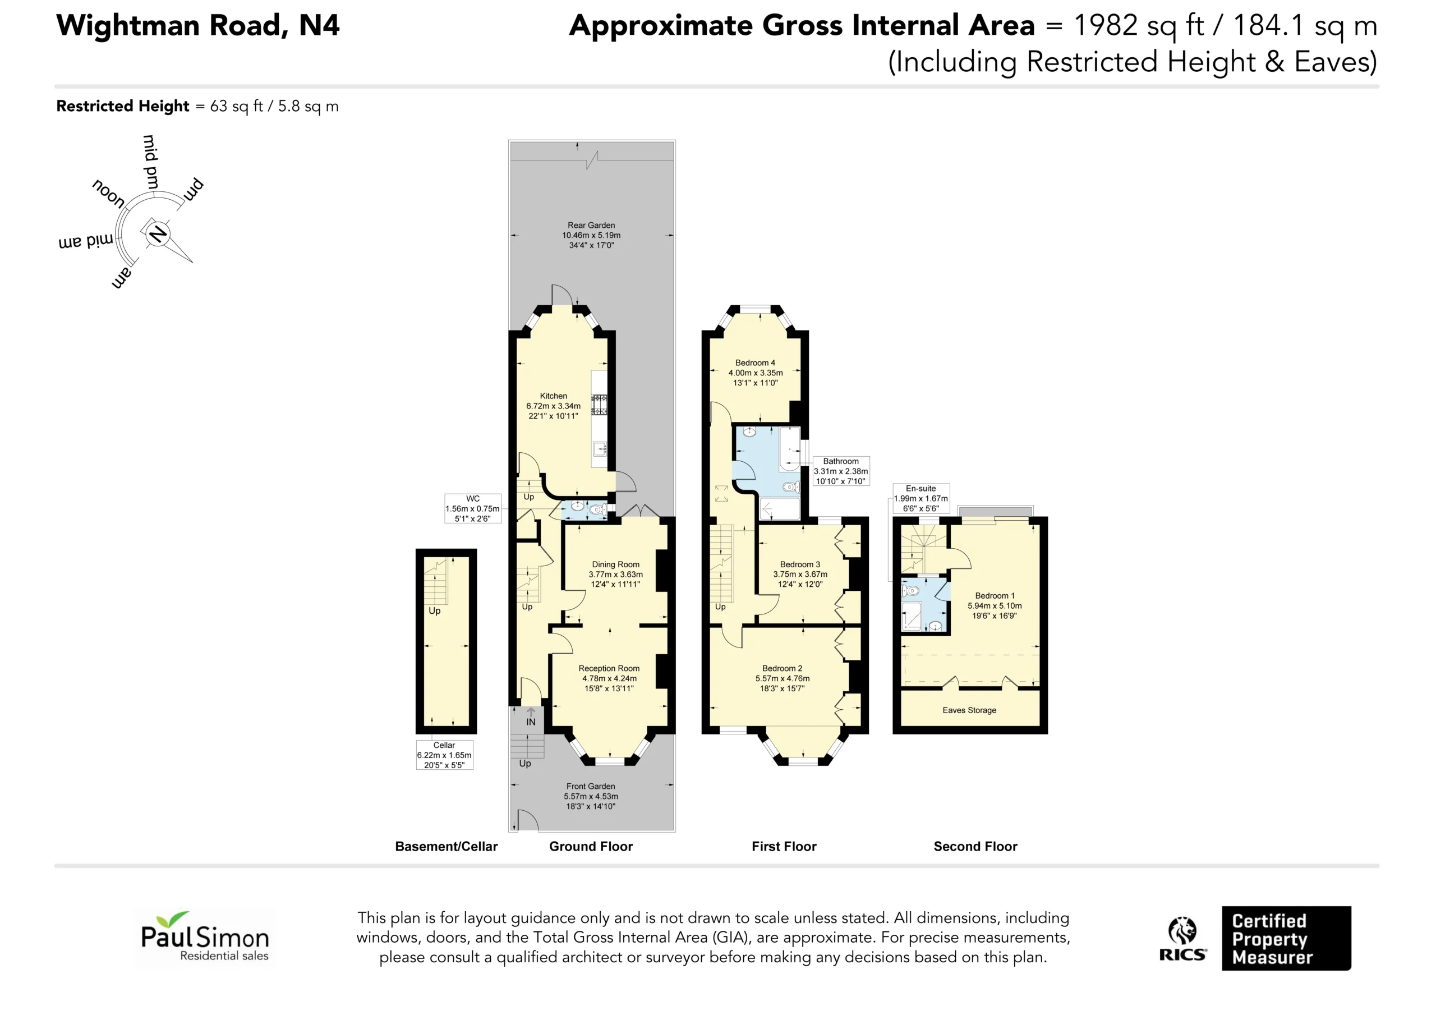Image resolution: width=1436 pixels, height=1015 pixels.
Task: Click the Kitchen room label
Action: point(554,396)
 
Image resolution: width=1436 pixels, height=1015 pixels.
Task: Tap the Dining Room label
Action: point(615,564)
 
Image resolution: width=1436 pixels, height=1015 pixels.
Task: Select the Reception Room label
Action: point(609,668)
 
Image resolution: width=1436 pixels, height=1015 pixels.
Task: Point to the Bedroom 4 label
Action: point(755,363)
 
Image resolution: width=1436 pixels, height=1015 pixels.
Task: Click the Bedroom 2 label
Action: point(782,668)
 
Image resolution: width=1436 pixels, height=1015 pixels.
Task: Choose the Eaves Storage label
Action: point(969,710)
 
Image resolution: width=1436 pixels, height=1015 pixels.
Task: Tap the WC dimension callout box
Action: point(473,509)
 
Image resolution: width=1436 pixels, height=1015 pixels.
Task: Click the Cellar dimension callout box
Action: point(444,755)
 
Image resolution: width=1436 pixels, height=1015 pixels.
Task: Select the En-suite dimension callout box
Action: point(920,499)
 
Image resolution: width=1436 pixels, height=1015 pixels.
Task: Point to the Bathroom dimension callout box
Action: point(841,471)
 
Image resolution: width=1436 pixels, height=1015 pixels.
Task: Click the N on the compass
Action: point(158,234)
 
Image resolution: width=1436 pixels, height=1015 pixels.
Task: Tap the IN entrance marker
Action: point(531,722)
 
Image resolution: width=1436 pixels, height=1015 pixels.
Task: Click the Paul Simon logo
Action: point(205,938)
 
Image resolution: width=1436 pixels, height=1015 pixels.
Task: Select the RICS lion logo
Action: point(1182,938)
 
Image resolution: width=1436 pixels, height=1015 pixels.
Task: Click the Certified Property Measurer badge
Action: point(1287,939)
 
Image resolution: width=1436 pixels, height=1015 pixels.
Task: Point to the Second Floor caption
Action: point(975,847)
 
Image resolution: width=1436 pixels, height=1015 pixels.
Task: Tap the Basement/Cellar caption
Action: point(446,847)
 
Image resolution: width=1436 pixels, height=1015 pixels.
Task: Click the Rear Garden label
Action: point(591,226)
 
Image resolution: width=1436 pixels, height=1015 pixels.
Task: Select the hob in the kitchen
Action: point(600,404)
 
